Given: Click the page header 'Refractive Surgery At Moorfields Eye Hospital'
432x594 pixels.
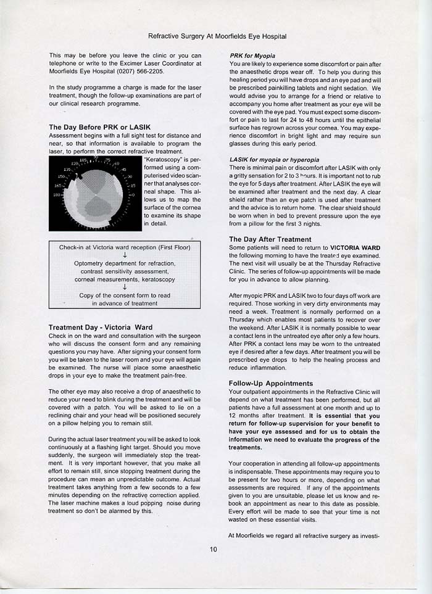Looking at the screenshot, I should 217,36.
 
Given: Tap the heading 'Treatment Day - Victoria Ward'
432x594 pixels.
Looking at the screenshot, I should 100,327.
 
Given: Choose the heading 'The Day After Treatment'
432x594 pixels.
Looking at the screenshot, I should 270,239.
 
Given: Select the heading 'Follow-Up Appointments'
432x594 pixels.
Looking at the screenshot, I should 271,383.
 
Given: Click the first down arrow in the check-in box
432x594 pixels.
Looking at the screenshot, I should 125,255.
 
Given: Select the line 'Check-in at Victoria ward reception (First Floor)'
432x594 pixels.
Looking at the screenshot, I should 125,247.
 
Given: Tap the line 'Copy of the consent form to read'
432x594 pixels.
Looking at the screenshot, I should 125,295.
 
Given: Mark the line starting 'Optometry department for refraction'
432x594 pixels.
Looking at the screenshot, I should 125,263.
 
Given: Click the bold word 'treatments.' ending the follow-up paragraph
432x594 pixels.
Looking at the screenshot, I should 246,447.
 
